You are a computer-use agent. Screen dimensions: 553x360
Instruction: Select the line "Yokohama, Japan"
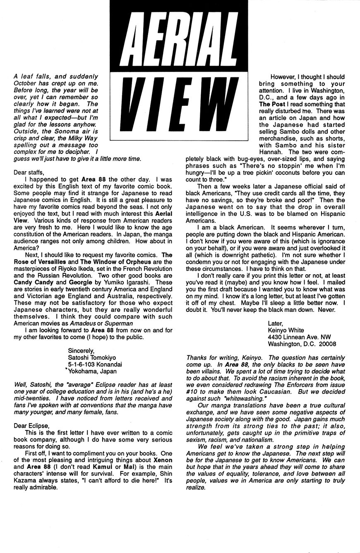click(x=92, y=371)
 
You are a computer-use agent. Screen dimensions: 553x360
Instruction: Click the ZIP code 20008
click(x=327, y=343)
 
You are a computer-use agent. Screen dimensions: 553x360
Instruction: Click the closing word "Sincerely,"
click(x=82, y=351)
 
